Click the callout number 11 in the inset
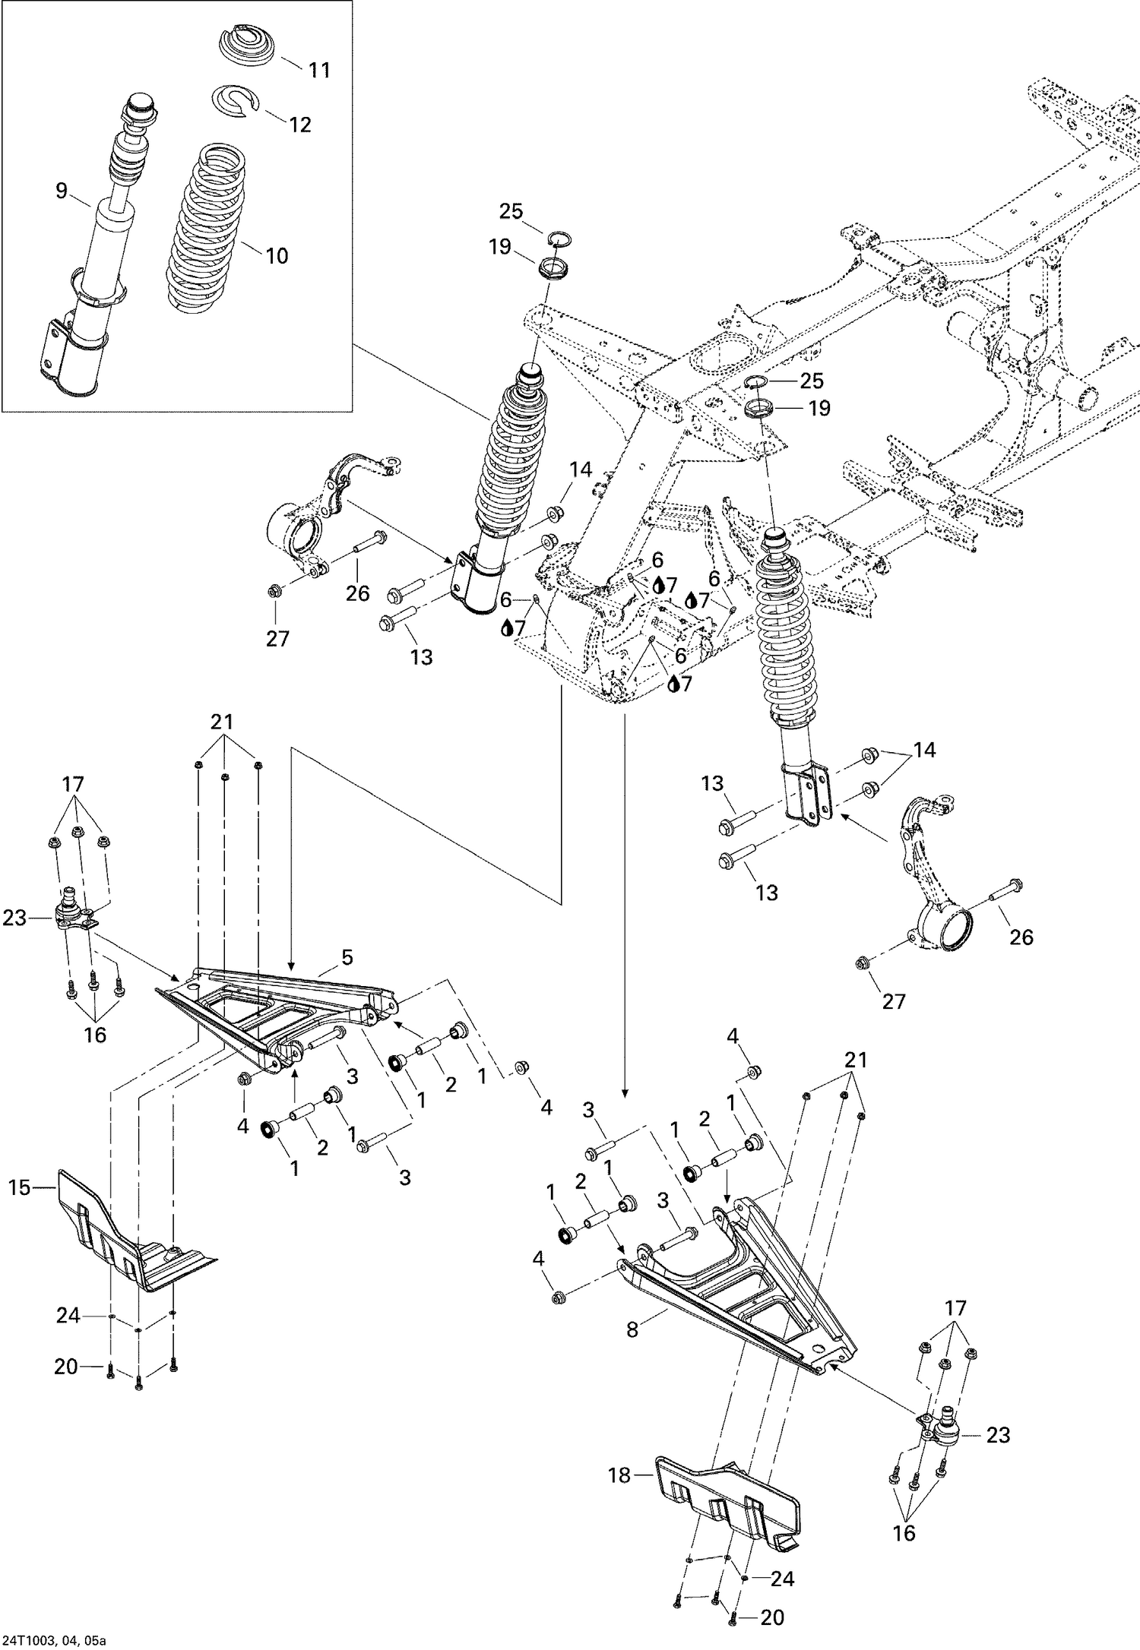pyautogui.click(x=320, y=70)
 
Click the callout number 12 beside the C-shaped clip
pyautogui.click(x=300, y=125)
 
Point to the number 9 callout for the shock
pyautogui.click(x=62, y=191)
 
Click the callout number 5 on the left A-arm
pyautogui.click(x=347, y=958)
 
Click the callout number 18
pyautogui.click(x=619, y=1475)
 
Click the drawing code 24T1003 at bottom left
pyautogui.click(x=53, y=1639)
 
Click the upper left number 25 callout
pyautogui.click(x=511, y=211)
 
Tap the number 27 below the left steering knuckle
pyautogui.click(x=277, y=639)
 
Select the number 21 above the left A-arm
pyautogui.click(x=222, y=722)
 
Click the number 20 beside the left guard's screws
pyautogui.click(x=66, y=1367)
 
